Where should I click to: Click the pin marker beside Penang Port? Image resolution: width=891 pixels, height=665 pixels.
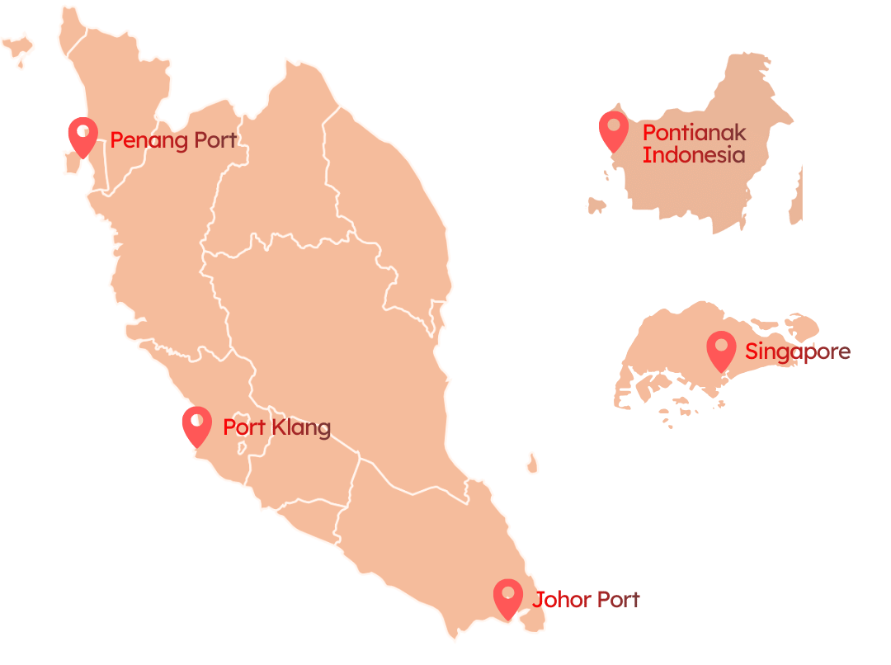tap(82, 136)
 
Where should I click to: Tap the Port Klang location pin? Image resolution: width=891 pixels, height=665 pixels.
tap(196, 426)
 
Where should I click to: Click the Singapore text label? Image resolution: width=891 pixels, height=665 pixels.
tap(797, 352)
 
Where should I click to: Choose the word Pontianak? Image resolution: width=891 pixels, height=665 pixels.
tap(694, 132)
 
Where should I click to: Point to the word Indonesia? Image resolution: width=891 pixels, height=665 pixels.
tap(693, 154)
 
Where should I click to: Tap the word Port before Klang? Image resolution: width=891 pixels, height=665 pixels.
tap(244, 427)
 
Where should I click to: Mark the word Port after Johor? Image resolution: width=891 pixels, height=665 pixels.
tap(614, 600)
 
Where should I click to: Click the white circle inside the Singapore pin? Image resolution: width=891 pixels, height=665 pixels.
tap(722, 345)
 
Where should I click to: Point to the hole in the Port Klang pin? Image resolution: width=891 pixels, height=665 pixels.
tap(196, 420)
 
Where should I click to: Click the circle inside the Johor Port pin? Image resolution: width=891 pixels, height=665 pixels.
tap(507, 592)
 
